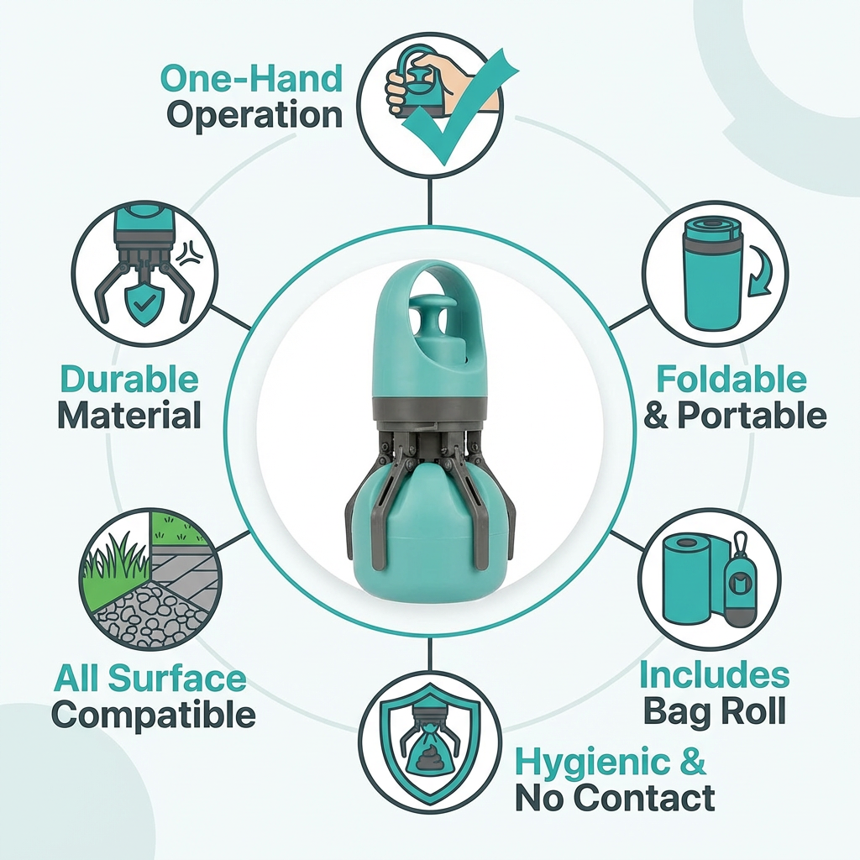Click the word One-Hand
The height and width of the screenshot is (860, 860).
coord(252,78)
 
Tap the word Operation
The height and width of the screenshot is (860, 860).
coord(254,115)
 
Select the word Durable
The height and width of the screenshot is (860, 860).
coord(129,379)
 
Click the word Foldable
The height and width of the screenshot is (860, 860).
coord(732,379)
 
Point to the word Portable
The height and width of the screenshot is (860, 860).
coord(752,415)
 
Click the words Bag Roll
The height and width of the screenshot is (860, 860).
coord(714,711)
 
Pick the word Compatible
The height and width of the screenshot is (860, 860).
coord(154,716)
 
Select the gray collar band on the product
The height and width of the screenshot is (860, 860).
coord(430,409)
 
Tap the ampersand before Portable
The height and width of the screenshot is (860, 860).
coord(657,415)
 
